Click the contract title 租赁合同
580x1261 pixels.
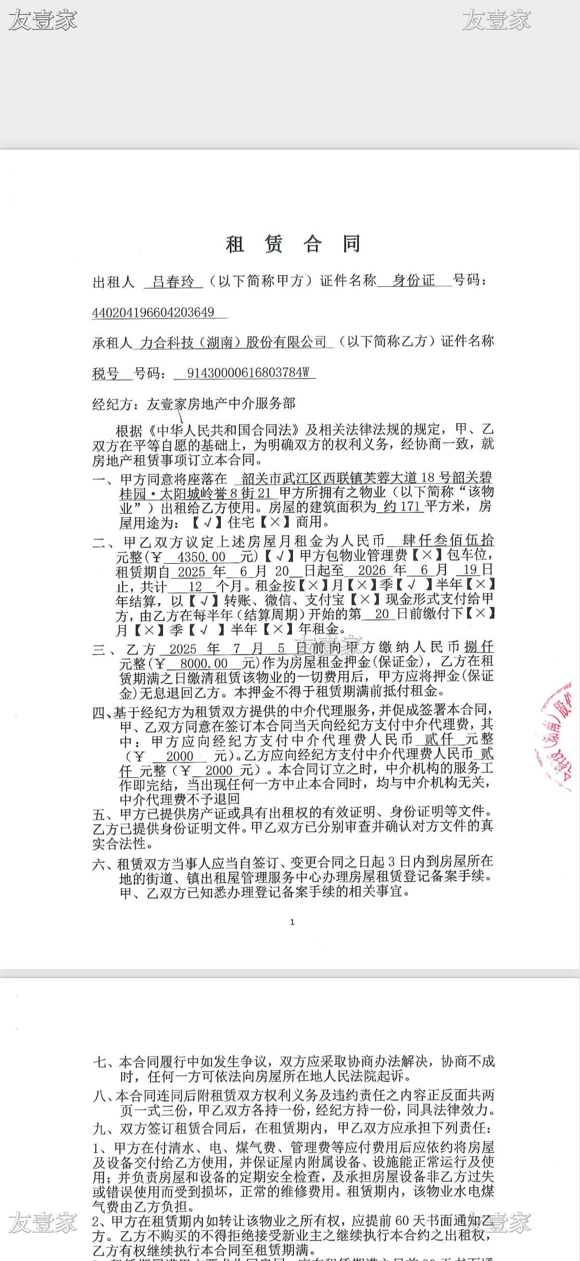coord(293,244)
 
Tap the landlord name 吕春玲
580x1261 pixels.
coord(173,281)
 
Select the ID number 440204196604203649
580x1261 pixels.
coord(153,312)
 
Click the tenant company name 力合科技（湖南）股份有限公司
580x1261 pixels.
coord(233,342)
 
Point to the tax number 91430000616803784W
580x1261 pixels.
coord(248,373)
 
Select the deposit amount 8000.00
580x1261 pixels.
coord(203,663)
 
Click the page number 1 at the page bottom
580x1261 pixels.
coord(292,922)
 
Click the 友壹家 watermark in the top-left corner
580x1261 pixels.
coord(43,20)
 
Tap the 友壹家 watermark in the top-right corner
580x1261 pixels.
coord(496,20)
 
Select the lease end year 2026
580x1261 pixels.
coord(372,570)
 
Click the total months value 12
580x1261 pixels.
coord(195,587)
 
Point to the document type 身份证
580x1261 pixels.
coord(414,280)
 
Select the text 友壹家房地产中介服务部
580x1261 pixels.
coord(221,404)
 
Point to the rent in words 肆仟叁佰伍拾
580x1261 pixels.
coord(447,540)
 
